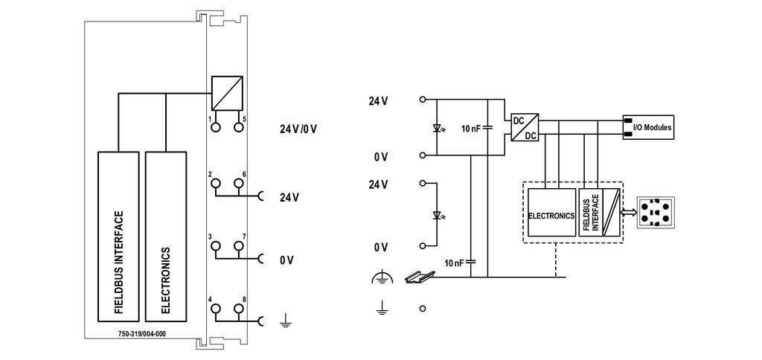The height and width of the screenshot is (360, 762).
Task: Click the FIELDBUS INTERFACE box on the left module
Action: point(118,237)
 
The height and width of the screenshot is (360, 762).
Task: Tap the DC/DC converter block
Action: point(525,127)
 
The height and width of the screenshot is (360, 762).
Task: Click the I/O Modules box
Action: point(649,128)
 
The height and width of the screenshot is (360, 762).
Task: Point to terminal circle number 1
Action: point(215,127)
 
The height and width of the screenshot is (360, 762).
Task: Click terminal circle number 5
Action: point(238,127)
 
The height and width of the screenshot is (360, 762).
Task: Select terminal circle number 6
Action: point(238,183)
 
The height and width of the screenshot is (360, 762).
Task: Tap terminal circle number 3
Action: point(215,246)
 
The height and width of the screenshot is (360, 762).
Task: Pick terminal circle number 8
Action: point(238,309)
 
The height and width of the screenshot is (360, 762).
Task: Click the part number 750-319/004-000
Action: point(142,333)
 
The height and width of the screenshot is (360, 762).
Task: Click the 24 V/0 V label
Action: point(298,129)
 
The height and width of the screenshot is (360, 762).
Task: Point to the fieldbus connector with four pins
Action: point(654,212)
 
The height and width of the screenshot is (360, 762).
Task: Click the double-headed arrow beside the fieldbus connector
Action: point(630,213)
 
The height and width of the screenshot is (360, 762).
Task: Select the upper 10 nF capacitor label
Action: point(471,129)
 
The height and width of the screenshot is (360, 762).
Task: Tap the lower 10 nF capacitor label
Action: point(455,263)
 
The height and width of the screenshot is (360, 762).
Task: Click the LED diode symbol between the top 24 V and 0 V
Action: point(438,129)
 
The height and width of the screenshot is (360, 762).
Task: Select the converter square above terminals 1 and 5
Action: point(227,93)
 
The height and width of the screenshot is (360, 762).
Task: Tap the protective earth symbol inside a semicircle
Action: point(381,277)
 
